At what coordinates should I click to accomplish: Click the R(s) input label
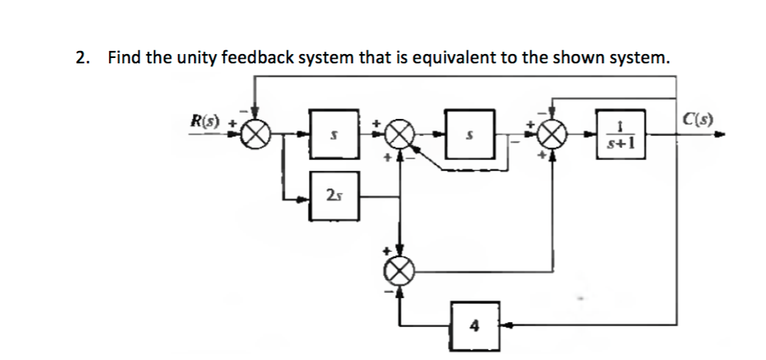(x=205, y=123)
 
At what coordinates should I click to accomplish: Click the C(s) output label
(x=697, y=121)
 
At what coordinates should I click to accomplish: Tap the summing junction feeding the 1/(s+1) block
(x=550, y=138)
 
